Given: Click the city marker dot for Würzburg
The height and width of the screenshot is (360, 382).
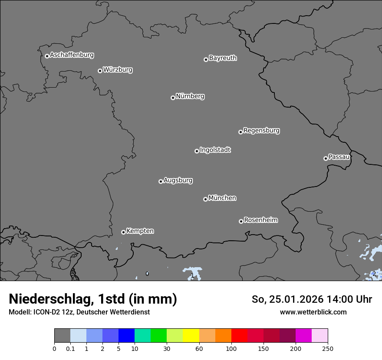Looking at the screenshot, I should pos(100,71).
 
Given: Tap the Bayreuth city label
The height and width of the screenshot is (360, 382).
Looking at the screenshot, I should pos(223,58).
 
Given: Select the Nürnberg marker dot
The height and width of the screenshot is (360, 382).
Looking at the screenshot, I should pos(173,98).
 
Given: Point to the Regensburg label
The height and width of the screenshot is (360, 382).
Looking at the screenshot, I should pos(261,131).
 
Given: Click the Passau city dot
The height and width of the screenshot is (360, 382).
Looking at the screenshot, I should pos(326,158).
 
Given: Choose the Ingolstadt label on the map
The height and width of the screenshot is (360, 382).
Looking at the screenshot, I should pos(215,150).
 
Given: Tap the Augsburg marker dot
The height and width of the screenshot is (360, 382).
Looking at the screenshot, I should pos(161,181).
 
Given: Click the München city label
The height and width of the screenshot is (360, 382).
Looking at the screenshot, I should pos(222,198).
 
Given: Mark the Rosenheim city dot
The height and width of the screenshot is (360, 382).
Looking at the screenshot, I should pos(241,221).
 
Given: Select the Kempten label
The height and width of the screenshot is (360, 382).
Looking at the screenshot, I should pos(140,231).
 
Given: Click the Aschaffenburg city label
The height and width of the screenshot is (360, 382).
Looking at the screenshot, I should pos(72,55).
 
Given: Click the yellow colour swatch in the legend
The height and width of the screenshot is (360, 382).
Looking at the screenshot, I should pos(191,336).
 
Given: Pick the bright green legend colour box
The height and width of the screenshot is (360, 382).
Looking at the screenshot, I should pos(159,336).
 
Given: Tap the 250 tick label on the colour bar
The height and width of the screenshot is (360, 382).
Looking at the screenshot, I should pos(328,348).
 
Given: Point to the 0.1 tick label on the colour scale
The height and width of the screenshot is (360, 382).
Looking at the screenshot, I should pos(70,348).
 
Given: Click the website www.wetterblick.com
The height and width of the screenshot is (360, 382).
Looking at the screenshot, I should pos(313,312).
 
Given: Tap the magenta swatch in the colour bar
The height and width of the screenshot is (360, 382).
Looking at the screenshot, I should pos(303,336).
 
